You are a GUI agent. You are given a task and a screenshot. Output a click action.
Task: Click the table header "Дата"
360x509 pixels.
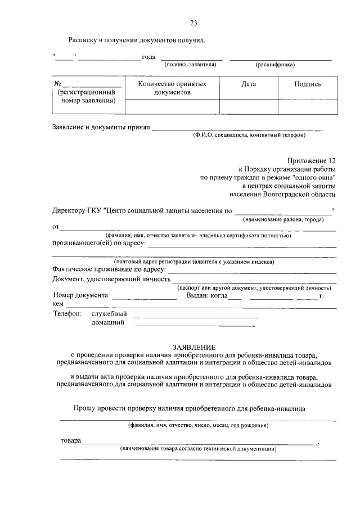point(249,84)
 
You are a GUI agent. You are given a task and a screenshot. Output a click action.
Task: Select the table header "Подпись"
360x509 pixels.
point(308,84)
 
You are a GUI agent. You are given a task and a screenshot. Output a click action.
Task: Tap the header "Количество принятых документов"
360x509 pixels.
point(172,88)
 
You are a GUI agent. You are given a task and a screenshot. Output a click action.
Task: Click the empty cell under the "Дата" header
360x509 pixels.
point(249,106)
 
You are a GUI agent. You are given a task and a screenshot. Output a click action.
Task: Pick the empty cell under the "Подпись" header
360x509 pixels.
point(308,106)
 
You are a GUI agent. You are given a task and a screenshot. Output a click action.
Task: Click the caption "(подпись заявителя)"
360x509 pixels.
point(190,65)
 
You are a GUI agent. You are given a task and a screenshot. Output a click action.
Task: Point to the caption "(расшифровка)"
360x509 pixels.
point(275,65)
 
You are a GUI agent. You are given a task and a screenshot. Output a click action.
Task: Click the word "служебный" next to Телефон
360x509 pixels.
point(109,313)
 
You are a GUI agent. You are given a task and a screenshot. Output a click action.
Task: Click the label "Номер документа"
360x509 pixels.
point(80,295)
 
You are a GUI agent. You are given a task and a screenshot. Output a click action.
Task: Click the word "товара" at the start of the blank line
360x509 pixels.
point(70,440)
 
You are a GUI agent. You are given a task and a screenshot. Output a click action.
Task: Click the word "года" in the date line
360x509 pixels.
point(148,57)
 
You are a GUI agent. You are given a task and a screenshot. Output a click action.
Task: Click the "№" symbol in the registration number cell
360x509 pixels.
point(57,84)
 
